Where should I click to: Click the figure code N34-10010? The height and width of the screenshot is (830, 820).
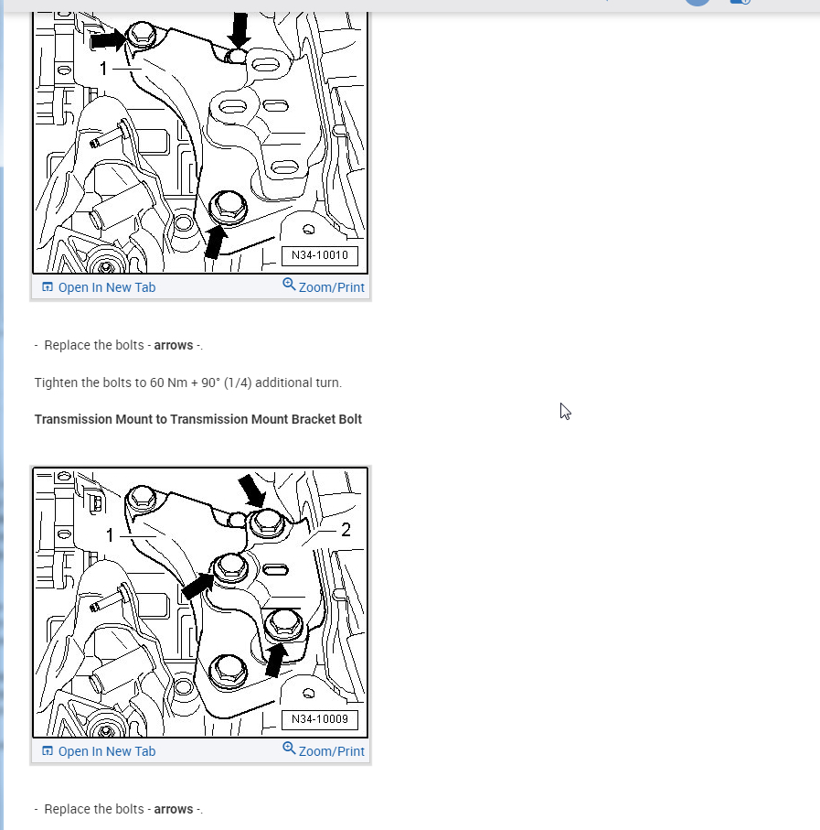pos(320,255)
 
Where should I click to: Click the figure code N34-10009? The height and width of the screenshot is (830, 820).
pos(320,719)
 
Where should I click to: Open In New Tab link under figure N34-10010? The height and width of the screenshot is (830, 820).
pos(99,287)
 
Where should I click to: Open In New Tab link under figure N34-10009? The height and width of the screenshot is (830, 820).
pos(99,751)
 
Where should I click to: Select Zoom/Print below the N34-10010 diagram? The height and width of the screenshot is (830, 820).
pos(324,286)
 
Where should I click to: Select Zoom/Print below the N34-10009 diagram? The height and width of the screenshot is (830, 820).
pos(324,750)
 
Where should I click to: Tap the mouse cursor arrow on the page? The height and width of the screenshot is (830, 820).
pos(565,411)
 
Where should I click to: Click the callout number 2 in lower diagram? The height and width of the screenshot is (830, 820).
pos(346,530)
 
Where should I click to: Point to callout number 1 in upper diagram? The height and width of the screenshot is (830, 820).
pos(103,69)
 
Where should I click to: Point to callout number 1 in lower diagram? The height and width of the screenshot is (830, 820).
pos(110,535)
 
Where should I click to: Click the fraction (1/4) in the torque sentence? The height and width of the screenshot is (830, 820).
pos(238,383)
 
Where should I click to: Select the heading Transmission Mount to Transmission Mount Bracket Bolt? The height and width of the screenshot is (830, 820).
pos(198,419)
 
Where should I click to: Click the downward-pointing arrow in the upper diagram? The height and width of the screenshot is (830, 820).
pos(240,29)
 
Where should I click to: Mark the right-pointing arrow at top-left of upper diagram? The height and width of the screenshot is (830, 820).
pos(109,39)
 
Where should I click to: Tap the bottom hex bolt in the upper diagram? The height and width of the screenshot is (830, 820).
pos(228,207)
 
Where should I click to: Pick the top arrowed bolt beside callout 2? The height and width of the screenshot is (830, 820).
pos(267,523)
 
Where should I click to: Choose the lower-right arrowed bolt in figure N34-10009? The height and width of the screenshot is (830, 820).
pos(284,625)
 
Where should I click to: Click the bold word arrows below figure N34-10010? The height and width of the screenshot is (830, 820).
pos(174,346)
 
